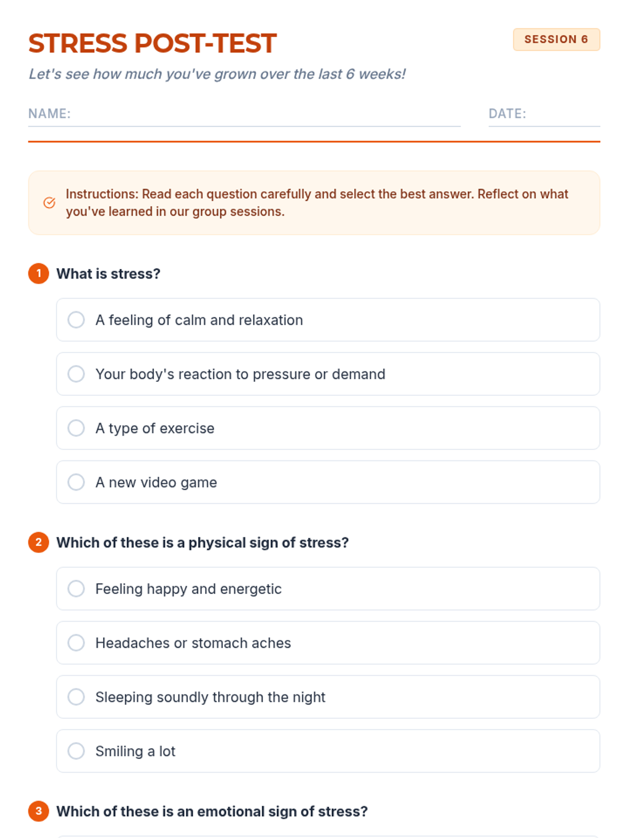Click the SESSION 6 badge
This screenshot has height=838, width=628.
tap(556, 39)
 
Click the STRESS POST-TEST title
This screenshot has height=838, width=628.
tap(152, 43)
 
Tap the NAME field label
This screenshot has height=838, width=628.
tap(49, 114)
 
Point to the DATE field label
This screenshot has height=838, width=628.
tap(507, 114)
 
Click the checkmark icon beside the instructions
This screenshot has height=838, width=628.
tap(49, 203)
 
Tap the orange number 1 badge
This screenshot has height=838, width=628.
tap(39, 273)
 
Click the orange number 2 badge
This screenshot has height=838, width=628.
tap(39, 542)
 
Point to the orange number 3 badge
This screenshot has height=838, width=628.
tap(39, 811)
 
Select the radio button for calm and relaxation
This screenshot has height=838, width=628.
tap(76, 319)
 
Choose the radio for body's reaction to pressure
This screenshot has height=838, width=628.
tap(76, 374)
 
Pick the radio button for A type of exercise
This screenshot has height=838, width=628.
tap(76, 428)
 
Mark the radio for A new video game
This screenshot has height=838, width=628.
tap(76, 482)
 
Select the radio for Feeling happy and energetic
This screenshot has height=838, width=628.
tap(76, 589)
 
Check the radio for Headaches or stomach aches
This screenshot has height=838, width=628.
tap(76, 643)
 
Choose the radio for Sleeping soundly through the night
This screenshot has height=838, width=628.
tap(76, 697)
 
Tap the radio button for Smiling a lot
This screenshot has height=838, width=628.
tap(76, 751)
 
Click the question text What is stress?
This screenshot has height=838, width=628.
tap(108, 274)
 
